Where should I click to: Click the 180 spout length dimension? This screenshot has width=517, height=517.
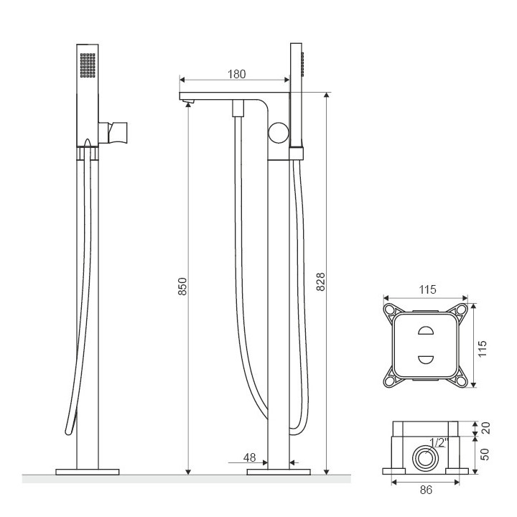tap(236, 74)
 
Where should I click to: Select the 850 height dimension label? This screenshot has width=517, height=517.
tap(182, 287)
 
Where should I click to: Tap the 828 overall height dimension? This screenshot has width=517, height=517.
tap(320, 281)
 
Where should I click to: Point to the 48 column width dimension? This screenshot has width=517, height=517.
tap(250, 457)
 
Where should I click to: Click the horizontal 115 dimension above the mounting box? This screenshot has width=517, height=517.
tap(427, 289)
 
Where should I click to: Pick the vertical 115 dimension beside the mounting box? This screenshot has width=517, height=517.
tap(483, 348)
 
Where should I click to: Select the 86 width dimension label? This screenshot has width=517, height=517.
tap(426, 490)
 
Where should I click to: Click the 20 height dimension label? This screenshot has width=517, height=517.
tap(486, 428)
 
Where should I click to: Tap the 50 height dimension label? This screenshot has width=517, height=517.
tap(485, 454)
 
